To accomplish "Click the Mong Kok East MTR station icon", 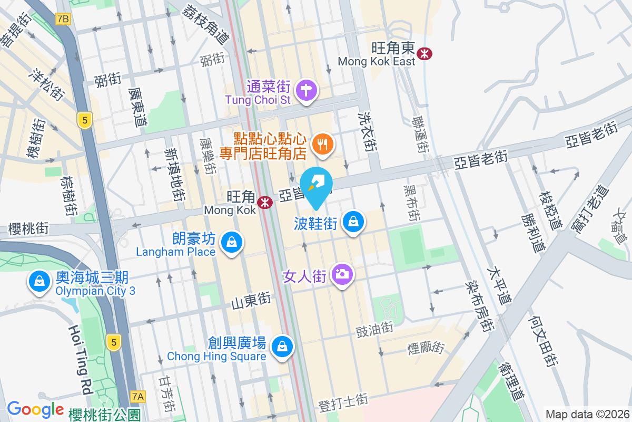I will point(424,53).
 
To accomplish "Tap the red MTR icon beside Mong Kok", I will point(265,202).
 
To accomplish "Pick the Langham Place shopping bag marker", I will point(231,243).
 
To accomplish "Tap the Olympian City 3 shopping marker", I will point(39,281).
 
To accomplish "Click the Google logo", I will point(35,409).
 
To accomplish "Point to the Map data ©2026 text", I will point(586,415).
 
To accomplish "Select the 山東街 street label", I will point(251,302).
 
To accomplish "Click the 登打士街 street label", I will point(343,404).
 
